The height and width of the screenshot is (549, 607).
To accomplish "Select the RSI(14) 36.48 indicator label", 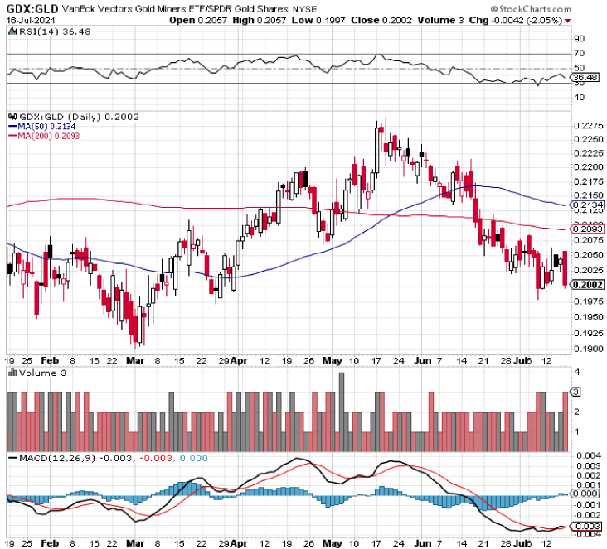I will point(41,32).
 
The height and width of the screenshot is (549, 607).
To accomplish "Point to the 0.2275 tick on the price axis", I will point(584,126).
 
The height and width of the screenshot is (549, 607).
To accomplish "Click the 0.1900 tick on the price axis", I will point(584,349).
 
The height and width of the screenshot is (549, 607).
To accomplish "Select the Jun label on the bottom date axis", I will point(424,361).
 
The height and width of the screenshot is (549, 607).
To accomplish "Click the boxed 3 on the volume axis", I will point(575,391).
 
